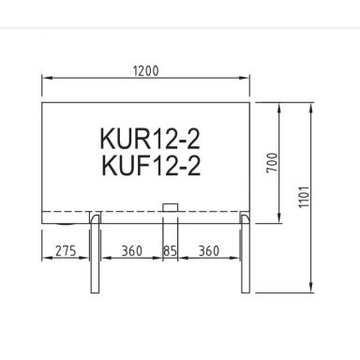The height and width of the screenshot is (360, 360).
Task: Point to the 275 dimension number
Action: pos(64,251)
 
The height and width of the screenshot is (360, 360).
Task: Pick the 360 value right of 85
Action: pos(211,251)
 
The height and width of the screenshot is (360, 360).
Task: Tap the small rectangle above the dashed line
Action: pos(170,206)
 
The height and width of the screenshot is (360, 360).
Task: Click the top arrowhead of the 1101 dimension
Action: pos(313,107)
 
